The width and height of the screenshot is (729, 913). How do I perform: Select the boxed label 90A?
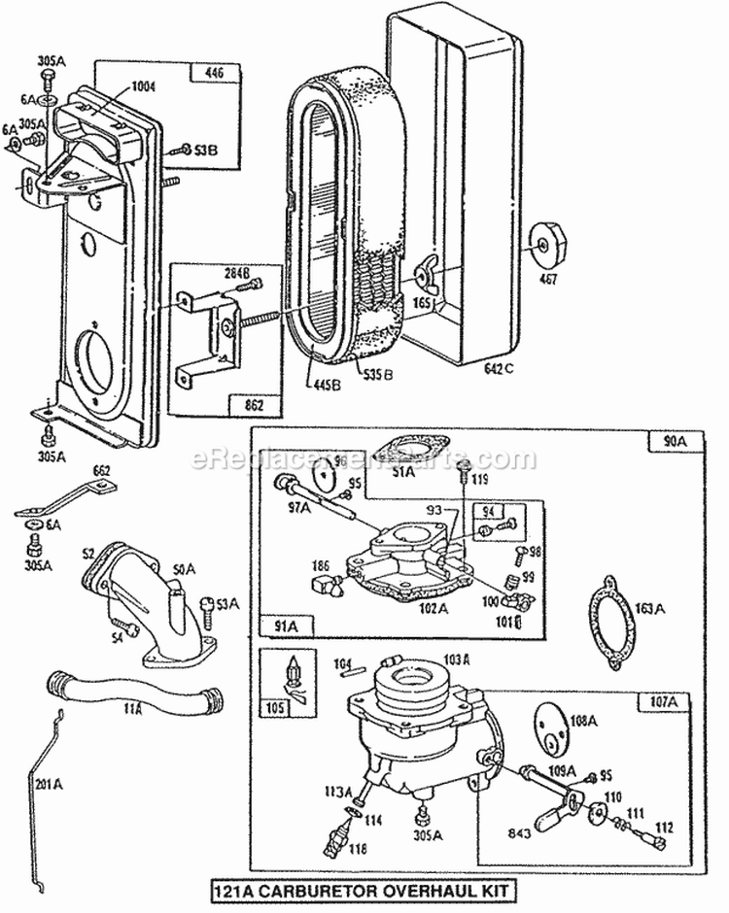675,441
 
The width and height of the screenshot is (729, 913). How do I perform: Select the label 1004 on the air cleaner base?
117,86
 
